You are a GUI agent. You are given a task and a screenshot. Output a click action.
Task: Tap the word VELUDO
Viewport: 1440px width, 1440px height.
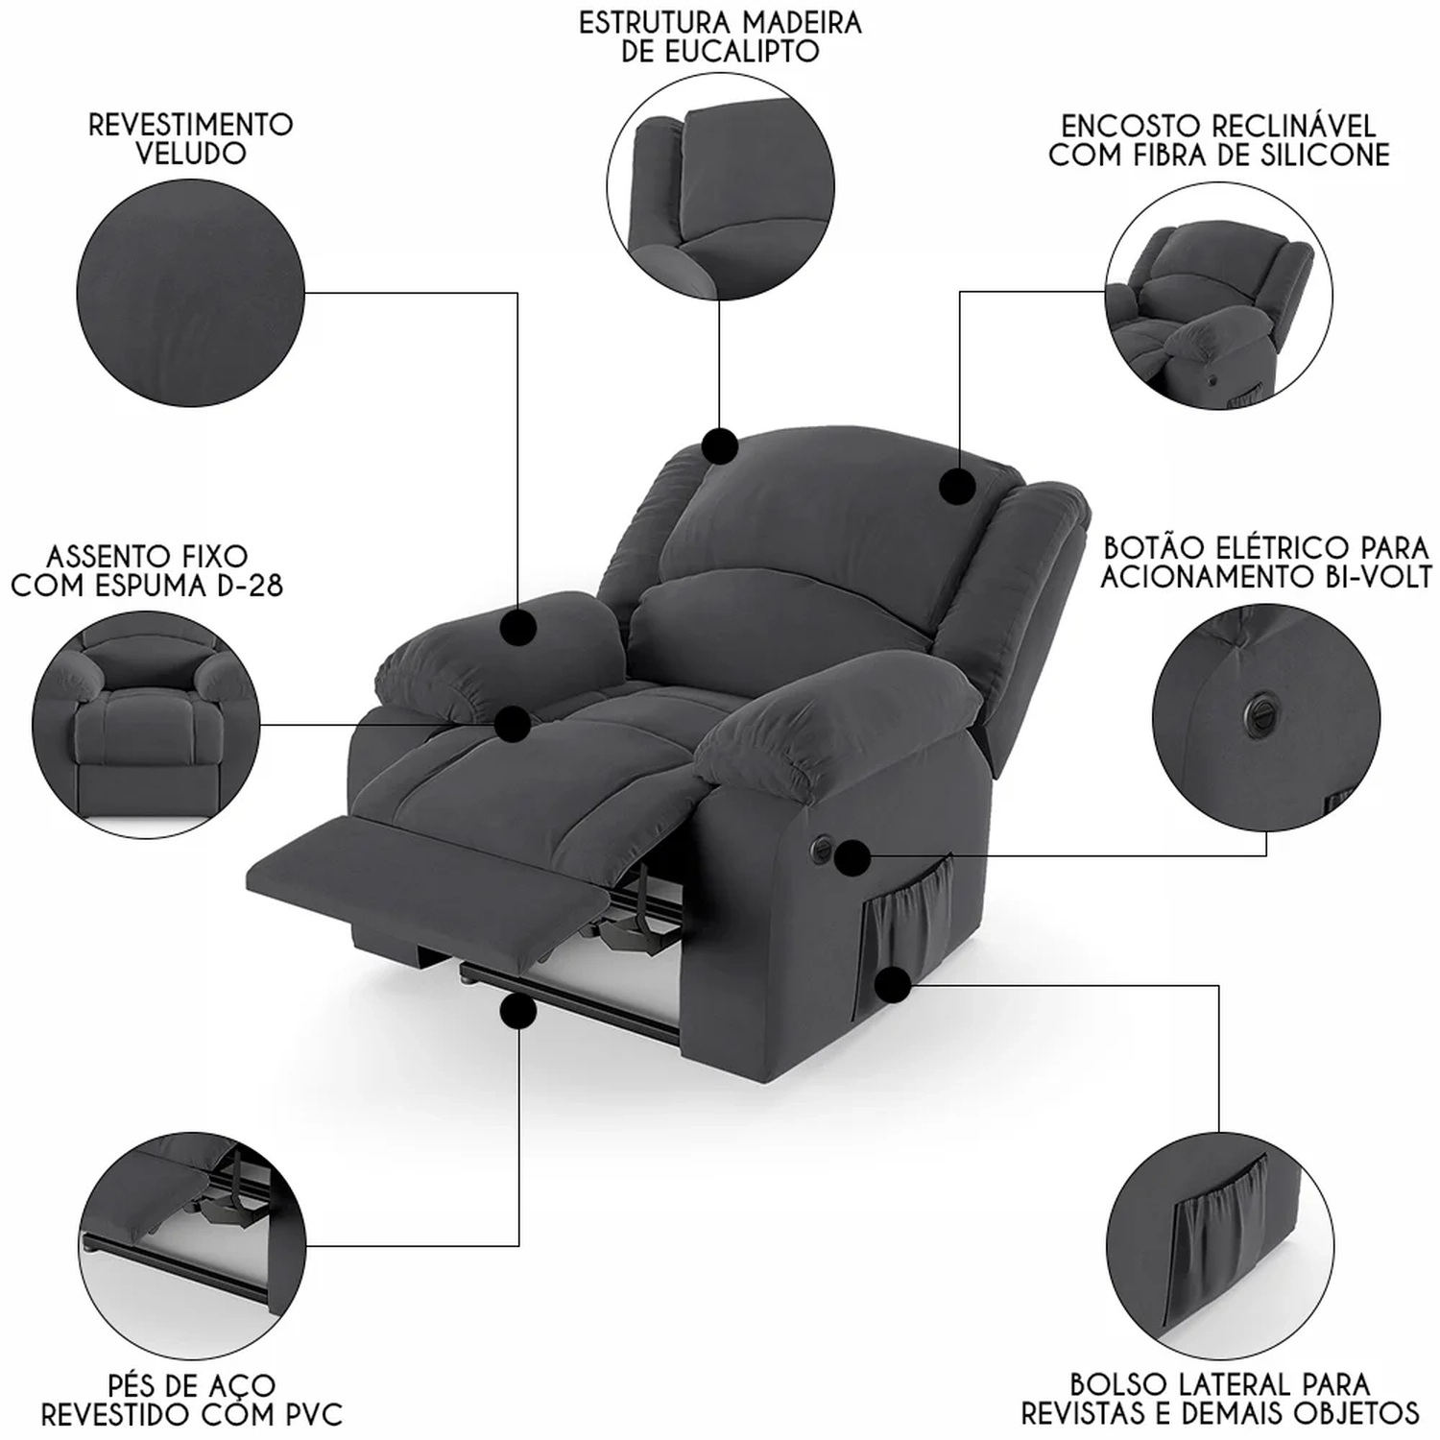coord(191,154)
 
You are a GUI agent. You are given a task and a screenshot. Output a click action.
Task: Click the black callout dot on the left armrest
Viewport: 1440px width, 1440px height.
coord(518,627)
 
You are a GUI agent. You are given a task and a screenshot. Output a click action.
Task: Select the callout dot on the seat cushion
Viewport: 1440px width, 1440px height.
coord(514,723)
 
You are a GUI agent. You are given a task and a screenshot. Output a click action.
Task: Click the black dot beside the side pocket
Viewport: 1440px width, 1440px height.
coord(894,984)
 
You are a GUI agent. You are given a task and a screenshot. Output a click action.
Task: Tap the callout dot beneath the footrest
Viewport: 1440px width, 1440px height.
coord(518,1012)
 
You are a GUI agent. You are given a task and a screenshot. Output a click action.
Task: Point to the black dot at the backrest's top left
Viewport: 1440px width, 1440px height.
coord(719,446)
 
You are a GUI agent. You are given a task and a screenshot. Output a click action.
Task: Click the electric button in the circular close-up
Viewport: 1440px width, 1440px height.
coord(1258,709)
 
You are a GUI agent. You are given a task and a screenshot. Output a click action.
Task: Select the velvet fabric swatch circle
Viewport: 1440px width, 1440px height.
coord(190,293)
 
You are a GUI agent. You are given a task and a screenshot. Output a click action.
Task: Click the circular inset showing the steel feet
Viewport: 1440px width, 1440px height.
coord(193,1245)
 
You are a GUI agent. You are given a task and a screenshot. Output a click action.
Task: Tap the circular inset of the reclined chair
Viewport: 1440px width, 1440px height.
coord(1218,297)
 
